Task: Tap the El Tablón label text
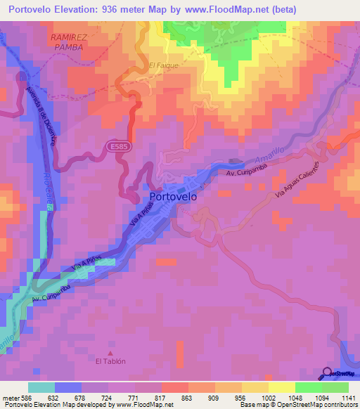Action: tap(110, 361)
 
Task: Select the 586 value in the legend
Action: tap(25, 397)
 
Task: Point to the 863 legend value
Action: tap(186, 397)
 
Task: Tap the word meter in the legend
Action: tap(8, 397)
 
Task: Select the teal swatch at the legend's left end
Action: tap(41, 387)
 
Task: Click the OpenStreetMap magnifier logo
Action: tap(327, 373)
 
